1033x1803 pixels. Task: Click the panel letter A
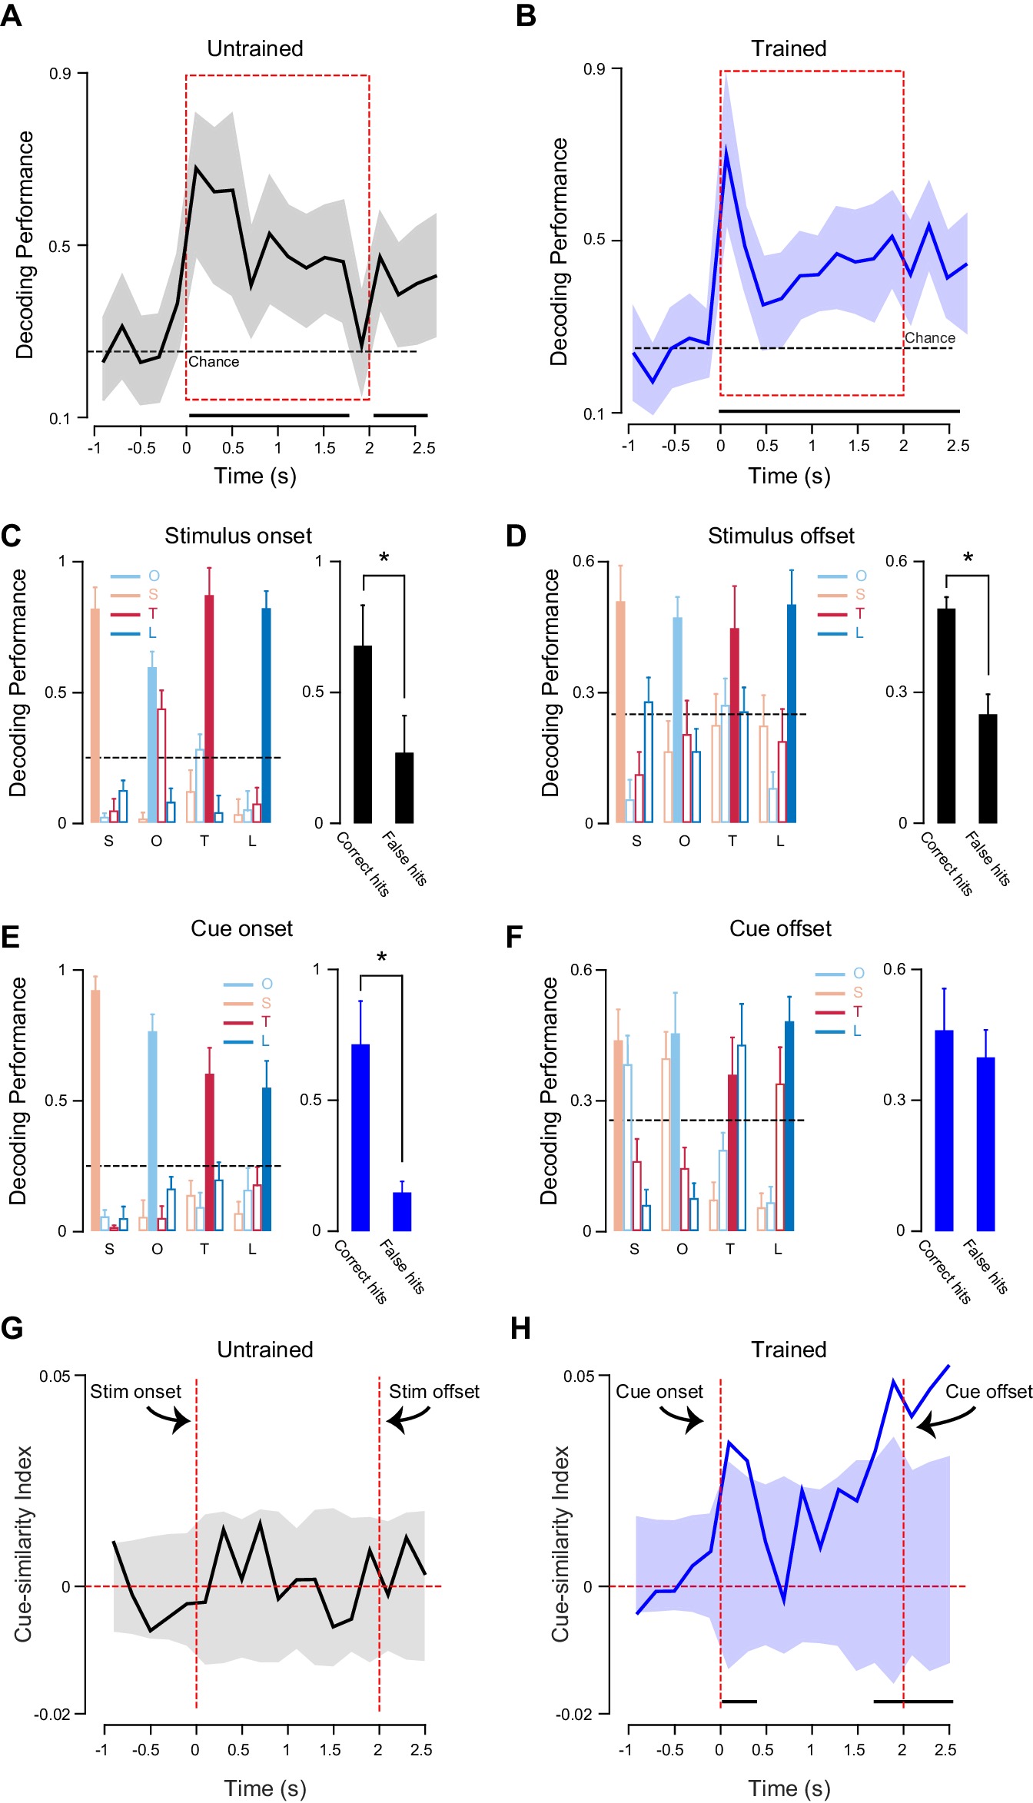[x=12, y=15]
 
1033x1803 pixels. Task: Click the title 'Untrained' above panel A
[x=255, y=48]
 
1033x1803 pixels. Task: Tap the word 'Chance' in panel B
[x=930, y=338]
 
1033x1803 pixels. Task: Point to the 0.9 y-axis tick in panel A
[x=60, y=74]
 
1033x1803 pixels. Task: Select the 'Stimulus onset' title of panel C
[x=238, y=536]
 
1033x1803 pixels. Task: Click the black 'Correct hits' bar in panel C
[x=363, y=734]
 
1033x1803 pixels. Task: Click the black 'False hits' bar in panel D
[x=988, y=769]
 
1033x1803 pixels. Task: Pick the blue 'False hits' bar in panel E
[x=402, y=1211]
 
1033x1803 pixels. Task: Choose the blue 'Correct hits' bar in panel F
[x=944, y=1131]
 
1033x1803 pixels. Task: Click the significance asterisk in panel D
[x=968, y=558]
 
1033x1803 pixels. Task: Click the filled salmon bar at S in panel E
[x=95, y=1111]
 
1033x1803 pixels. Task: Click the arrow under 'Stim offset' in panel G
[x=407, y=1419]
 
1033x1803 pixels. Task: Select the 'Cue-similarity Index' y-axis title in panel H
[x=561, y=1545]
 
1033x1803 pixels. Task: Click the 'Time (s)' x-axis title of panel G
[x=265, y=1788]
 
